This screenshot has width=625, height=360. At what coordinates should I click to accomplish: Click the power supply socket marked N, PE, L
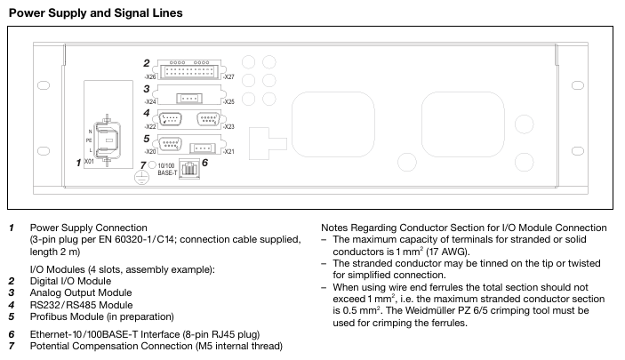[x=107, y=140]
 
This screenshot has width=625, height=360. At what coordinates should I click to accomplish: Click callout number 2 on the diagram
[x=146, y=62]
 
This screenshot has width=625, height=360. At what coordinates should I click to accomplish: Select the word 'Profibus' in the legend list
[x=47, y=316]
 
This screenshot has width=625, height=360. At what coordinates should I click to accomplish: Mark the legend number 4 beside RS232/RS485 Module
[x=12, y=304]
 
